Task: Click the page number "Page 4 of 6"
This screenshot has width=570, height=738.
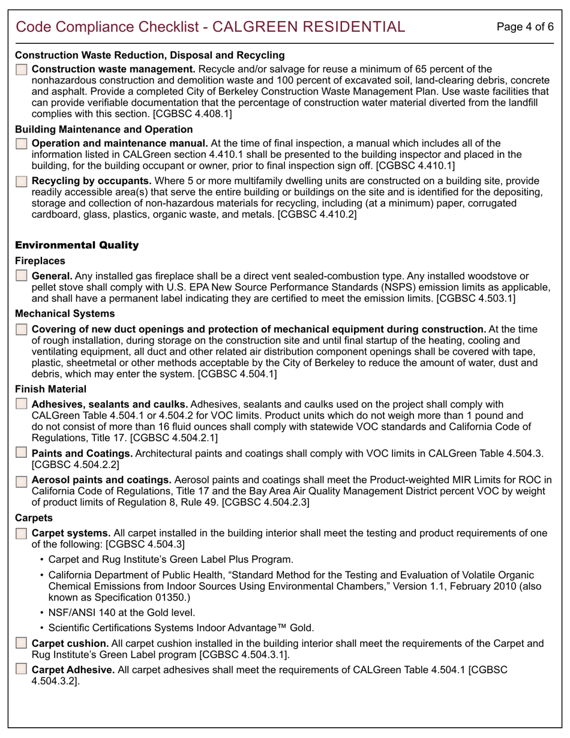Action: [526, 27]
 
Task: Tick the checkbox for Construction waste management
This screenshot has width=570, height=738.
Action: [22, 70]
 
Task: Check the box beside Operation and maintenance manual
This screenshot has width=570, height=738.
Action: [22, 143]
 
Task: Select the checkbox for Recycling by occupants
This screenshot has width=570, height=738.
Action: [22, 181]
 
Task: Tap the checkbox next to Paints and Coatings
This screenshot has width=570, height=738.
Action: [22, 453]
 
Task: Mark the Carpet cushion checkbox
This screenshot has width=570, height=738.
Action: [22, 644]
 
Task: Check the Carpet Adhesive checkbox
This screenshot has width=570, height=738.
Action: [22, 670]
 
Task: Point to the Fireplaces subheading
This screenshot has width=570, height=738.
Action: [40, 262]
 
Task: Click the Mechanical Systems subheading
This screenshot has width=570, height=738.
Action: [65, 314]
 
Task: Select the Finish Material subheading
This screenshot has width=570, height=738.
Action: [50, 389]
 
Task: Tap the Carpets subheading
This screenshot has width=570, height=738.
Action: [34, 517]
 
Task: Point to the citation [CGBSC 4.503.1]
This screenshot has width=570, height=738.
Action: [476, 298]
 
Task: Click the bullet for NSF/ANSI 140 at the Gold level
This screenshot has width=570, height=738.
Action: [121, 613]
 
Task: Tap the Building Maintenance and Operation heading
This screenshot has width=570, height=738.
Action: [104, 130]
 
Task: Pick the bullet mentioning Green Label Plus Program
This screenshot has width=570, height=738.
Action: [170, 560]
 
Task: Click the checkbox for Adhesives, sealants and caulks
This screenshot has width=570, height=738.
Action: [22, 405]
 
